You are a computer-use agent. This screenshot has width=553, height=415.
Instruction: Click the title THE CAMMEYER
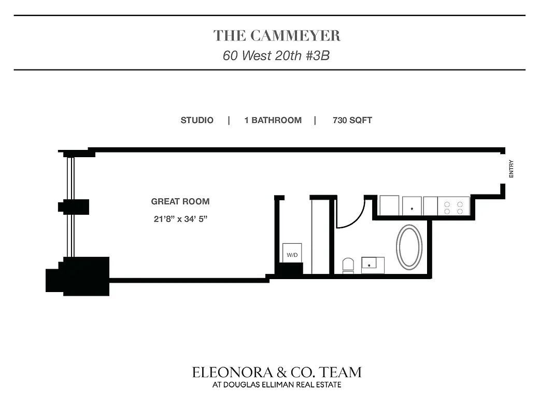[x=277, y=36]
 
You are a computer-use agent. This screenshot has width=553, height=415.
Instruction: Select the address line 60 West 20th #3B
[x=276, y=56]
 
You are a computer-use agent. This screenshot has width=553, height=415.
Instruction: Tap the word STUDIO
[x=197, y=120]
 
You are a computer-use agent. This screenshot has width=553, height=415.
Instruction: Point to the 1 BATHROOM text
[x=273, y=120]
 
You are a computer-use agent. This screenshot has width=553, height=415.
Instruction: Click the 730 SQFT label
[x=352, y=120]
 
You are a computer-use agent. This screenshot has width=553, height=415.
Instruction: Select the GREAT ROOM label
[x=180, y=201]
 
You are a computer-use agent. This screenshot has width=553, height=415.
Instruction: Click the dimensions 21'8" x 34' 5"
[x=180, y=219]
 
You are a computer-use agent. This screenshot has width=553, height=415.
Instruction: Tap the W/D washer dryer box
[x=292, y=254]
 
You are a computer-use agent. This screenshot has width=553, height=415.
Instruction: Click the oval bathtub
[x=409, y=246]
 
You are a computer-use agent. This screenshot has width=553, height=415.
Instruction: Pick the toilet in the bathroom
[x=348, y=265]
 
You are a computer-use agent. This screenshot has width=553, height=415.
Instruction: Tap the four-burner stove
[x=454, y=205]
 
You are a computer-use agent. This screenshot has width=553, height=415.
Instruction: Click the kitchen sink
[x=412, y=205]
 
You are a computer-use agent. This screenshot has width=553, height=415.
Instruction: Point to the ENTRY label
[x=511, y=169]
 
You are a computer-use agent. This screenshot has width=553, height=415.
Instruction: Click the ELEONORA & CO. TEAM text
[x=277, y=372]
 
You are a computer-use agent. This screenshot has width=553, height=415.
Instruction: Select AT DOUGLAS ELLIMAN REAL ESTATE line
[x=277, y=385]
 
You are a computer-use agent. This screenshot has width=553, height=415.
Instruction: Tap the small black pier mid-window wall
[x=74, y=206]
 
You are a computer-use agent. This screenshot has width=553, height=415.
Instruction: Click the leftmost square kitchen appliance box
[x=389, y=205]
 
